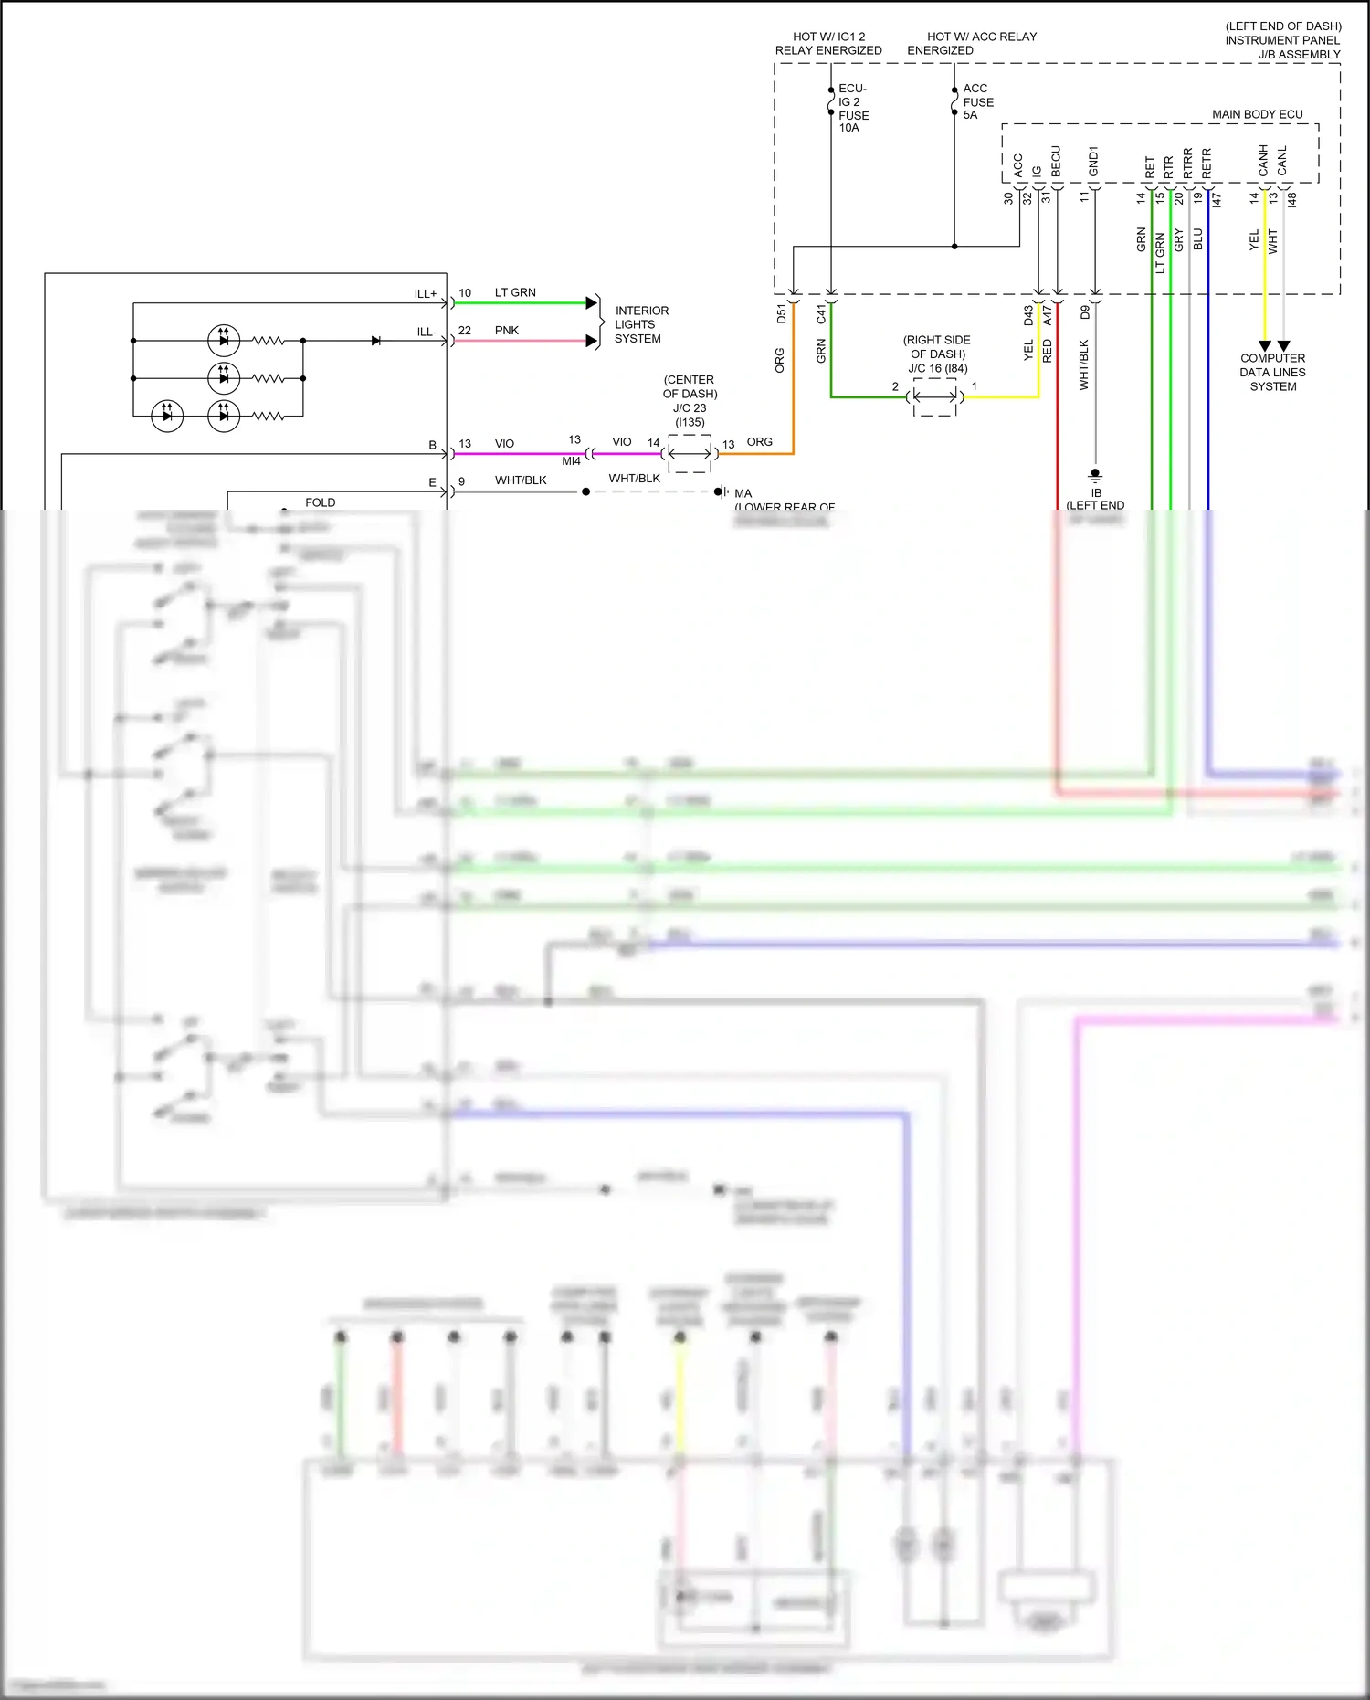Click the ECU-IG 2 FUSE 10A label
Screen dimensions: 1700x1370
click(x=853, y=109)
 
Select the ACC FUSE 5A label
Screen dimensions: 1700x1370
click(x=978, y=101)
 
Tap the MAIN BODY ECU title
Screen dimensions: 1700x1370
click(x=1257, y=114)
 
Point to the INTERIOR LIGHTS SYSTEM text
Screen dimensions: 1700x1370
click(x=640, y=324)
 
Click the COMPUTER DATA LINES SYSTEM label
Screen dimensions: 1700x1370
click(x=1272, y=372)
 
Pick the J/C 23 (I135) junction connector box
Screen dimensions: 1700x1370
click(x=690, y=454)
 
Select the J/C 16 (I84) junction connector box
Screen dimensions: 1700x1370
click(x=935, y=397)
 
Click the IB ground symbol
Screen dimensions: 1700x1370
click(x=1095, y=475)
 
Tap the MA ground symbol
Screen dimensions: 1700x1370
click(x=721, y=491)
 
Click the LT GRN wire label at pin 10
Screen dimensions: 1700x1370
click(x=515, y=292)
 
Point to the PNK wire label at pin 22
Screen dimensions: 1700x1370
click(x=506, y=331)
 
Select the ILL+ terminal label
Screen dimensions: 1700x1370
click(x=426, y=294)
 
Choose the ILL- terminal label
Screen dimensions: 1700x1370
click(x=427, y=332)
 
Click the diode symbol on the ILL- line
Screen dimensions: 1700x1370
click(x=376, y=341)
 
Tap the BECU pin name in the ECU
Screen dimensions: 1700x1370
click(x=1056, y=162)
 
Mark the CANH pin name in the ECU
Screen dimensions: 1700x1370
click(x=1263, y=161)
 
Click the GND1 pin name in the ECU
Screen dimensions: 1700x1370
click(x=1093, y=162)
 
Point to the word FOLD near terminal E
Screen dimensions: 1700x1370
click(x=320, y=502)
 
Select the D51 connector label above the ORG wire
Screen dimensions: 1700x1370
click(x=781, y=314)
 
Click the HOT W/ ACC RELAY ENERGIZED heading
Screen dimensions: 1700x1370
click(x=971, y=43)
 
